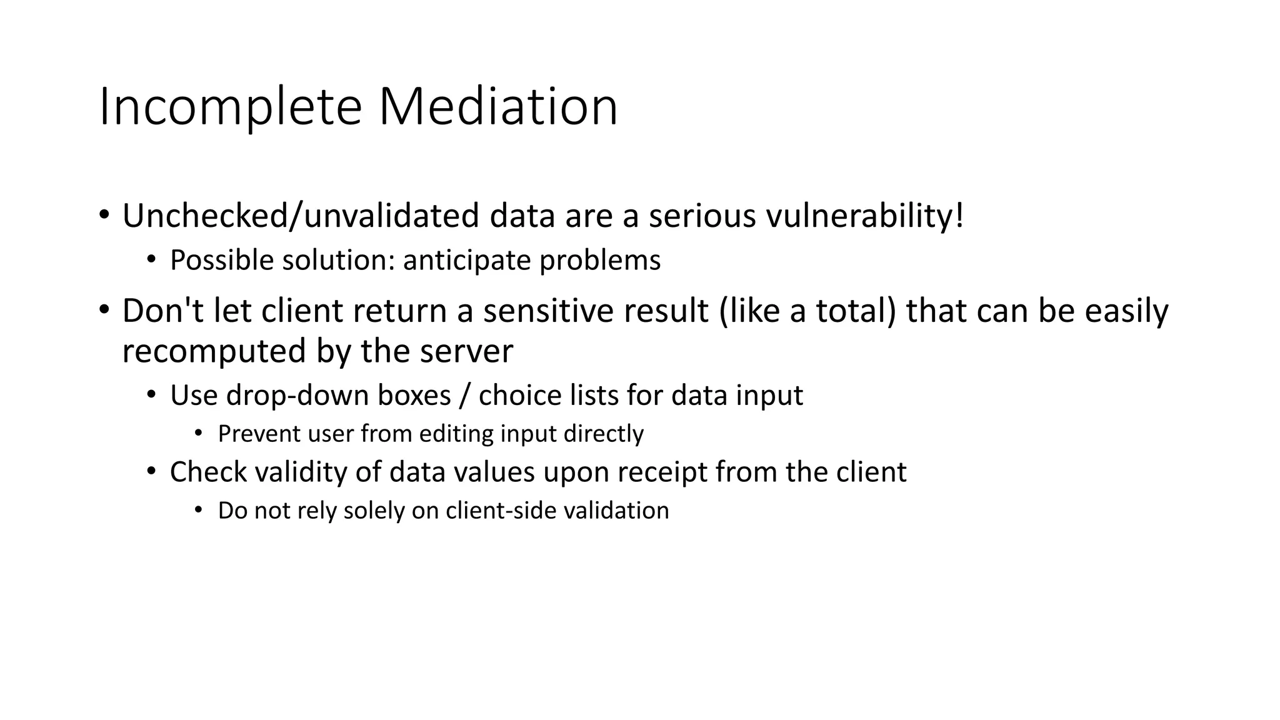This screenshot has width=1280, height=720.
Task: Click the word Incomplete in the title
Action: pos(230,107)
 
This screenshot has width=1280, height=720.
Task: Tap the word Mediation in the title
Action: pos(498,107)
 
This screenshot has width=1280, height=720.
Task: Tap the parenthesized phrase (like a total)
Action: pos(807,311)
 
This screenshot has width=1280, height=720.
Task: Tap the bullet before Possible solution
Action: pos(151,259)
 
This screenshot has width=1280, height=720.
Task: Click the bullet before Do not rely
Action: pos(199,510)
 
